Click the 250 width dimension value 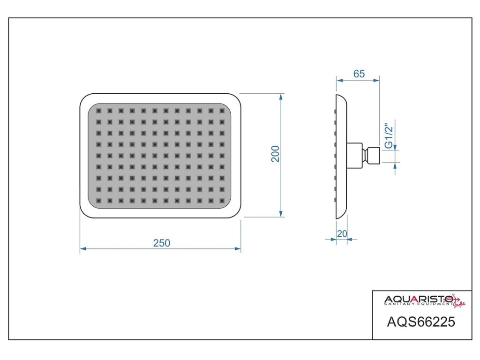click(162, 243)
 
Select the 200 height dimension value click(276, 154)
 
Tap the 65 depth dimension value click(359, 74)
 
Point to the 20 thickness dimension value click(342, 233)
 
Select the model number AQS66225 click(421, 322)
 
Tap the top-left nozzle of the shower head click(98, 111)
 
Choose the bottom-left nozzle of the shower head click(98, 201)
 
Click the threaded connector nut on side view click(373, 155)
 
